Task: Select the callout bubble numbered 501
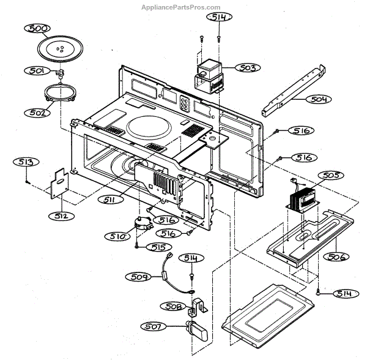click(37, 70)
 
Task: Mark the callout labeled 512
click(62, 216)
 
